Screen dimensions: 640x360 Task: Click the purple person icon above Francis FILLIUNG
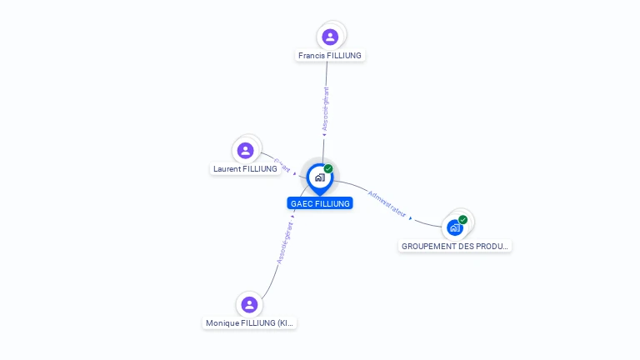pyautogui.click(x=330, y=37)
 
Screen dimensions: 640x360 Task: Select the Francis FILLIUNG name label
pyautogui.click(x=331, y=56)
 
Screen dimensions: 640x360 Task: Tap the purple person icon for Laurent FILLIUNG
pyautogui.click(x=245, y=151)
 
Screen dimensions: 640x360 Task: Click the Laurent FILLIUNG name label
pyautogui.click(x=245, y=169)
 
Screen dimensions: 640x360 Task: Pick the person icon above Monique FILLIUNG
pyautogui.click(x=248, y=305)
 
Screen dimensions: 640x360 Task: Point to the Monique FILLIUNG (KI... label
pyautogui.click(x=249, y=323)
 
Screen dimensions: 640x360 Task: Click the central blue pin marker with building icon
pyautogui.click(x=319, y=177)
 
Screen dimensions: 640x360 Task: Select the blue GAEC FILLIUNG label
pyautogui.click(x=320, y=203)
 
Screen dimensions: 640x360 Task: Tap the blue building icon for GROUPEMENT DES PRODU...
pyautogui.click(x=454, y=227)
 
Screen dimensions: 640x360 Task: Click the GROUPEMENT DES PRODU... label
pyautogui.click(x=454, y=247)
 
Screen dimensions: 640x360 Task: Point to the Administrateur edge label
pyautogui.click(x=387, y=203)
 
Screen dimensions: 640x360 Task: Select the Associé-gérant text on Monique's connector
pyautogui.click(x=285, y=242)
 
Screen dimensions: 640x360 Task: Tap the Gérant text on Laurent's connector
pyautogui.click(x=282, y=163)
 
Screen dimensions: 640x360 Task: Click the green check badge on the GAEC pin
pyautogui.click(x=328, y=169)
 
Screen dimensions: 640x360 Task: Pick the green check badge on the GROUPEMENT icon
pyautogui.click(x=462, y=220)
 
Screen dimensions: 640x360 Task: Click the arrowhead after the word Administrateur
pyautogui.click(x=411, y=218)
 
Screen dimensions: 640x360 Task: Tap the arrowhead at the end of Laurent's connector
pyautogui.click(x=294, y=174)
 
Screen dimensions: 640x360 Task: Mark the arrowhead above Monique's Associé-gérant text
pyautogui.click(x=292, y=217)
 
